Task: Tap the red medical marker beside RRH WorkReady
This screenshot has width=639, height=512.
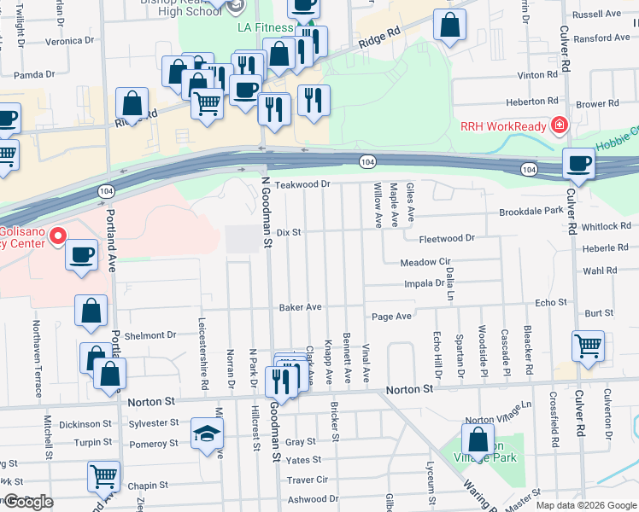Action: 559,126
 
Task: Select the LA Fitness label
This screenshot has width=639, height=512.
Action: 265,27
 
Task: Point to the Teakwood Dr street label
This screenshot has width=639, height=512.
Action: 302,184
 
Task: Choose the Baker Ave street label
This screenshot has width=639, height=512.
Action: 300,306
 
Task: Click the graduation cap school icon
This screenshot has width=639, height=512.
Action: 207,434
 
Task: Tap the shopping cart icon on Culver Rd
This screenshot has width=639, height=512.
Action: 588,346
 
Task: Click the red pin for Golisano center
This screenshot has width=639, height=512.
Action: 58,234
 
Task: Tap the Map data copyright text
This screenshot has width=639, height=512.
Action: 585,505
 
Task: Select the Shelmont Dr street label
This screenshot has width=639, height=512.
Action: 149,335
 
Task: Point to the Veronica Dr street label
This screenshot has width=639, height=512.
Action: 69,40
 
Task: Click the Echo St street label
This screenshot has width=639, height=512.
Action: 550,303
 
